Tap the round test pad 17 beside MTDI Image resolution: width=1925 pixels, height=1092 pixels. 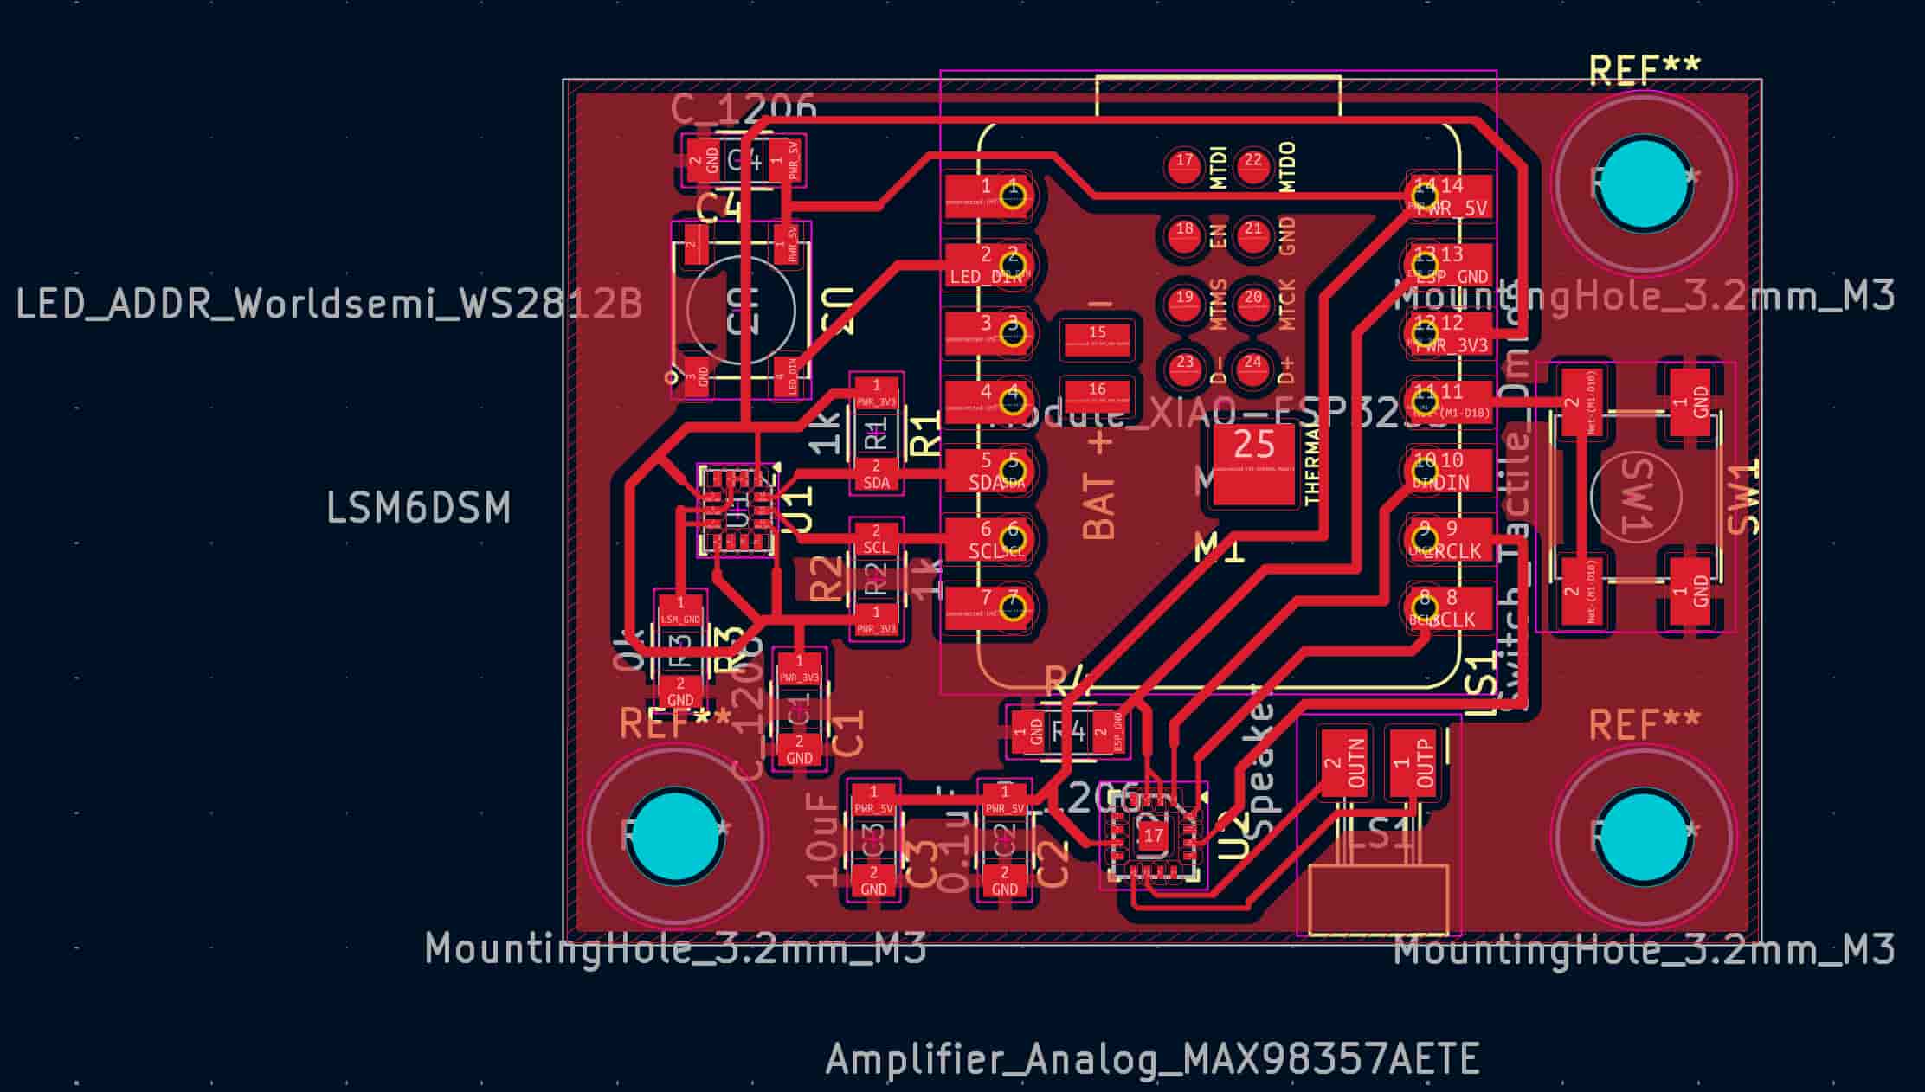point(1184,166)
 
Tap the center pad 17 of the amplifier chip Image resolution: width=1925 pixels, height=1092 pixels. point(1153,836)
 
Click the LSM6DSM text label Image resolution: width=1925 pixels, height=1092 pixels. point(418,508)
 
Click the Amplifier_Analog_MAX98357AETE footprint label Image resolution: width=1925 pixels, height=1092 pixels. point(1152,1059)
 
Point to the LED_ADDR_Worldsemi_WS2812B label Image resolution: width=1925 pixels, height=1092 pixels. point(329,304)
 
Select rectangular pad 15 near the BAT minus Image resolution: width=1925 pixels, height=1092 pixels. point(1097,338)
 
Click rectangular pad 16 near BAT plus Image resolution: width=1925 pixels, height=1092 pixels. point(1097,395)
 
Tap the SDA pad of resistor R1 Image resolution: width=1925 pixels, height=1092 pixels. point(876,475)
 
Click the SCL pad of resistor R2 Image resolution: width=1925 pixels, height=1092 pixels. point(876,540)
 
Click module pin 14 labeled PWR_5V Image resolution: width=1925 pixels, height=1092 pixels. point(1447,195)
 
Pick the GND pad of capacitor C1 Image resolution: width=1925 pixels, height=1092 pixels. point(799,750)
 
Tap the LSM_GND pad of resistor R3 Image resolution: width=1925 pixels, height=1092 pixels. point(680,610)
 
